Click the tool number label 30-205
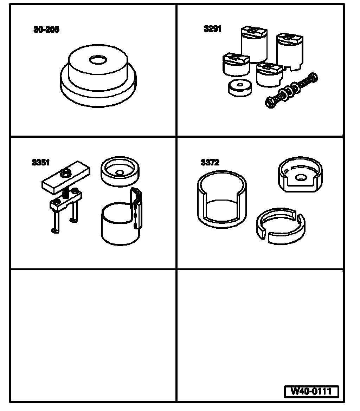[46, 30]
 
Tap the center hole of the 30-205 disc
[98, 60]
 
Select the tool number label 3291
[213, 28]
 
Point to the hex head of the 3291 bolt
[271, 102]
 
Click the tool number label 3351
[41, 163]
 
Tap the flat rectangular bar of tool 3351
[66, 177]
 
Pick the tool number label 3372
[210, 163]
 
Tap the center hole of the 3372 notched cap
[301, 178]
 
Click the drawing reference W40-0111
[311, 391]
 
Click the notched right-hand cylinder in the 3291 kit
[290, 52]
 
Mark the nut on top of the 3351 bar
[65, 173]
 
